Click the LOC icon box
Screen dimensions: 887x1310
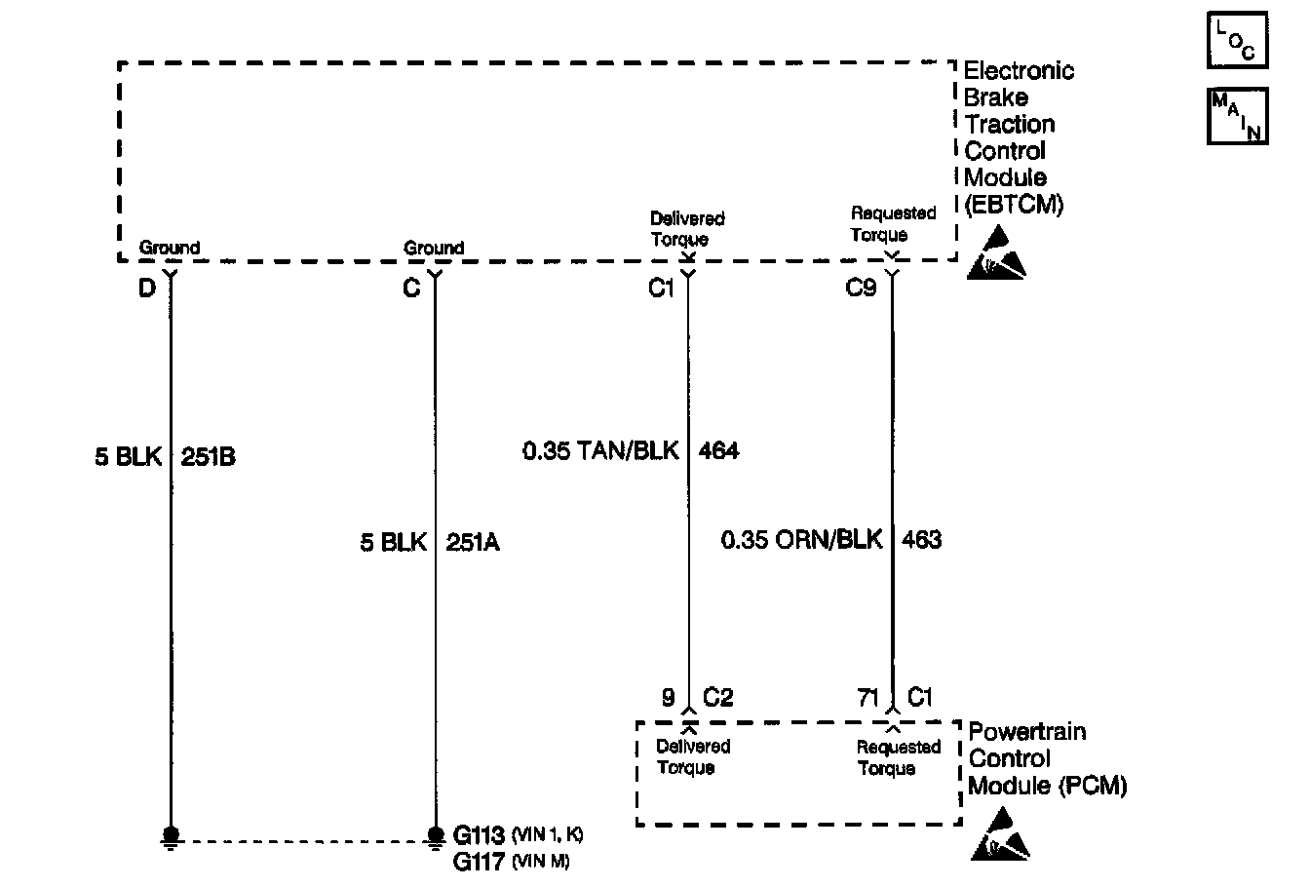pyautogui.click(x=1237, y=40)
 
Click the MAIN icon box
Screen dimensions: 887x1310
pyautogui.click(x=1237, y=116)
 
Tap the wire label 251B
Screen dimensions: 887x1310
pyautogui.click(x=208, y=457)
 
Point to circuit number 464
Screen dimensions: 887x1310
pyautogui.click(x=718, y=450)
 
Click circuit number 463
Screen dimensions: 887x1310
pyautogui.click(x=921, y=539)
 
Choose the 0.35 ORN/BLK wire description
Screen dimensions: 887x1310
pyautogui.click(x=801, y=539)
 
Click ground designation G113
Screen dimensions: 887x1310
pyautogui.click(x=480, y=835)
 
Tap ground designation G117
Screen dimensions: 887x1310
pyautogui.click(x=480, y=862)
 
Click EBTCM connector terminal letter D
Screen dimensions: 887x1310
pyautogui.click(x=146, y=289)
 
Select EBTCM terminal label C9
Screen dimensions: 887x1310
pyautogui.click(x=861, y=289)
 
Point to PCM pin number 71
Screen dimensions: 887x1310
pyautogui.click(x=868, y=698)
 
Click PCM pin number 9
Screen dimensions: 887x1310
pyautogui.click(x=669, y=698)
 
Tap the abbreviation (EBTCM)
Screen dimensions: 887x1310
pyautogui.click(x=1013, y=205)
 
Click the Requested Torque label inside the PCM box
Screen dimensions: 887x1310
pyautogui.click(x=898, y=758)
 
